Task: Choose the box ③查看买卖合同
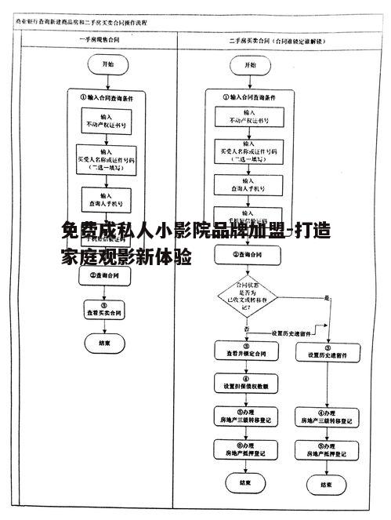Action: (x=103, y=311)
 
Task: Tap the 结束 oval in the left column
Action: (x=104, y=343)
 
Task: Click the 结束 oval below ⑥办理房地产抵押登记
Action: (x=246, y=483)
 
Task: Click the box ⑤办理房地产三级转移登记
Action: (x=246, y=416)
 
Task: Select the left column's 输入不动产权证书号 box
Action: (x=103, y=120)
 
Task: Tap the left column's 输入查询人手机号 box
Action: (x=103, y=197)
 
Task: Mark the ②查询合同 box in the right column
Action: (x=247, y=255)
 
